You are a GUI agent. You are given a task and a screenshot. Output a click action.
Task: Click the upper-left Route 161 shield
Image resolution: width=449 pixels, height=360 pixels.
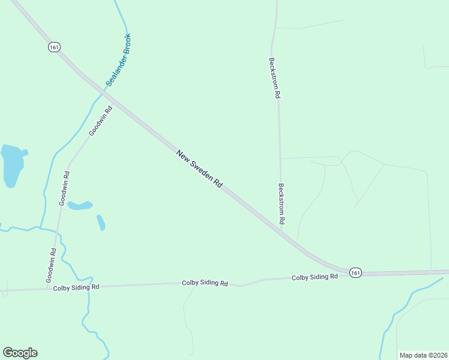click(x=55, y=47)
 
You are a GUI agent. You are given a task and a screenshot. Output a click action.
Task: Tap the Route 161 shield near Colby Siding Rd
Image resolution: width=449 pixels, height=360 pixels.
click(x=355, y=272)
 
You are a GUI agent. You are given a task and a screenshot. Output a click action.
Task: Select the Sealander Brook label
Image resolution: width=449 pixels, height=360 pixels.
click(x=118, y=60)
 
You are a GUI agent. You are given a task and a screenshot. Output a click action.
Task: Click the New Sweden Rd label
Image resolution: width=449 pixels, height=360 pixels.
click(x=200, y=170)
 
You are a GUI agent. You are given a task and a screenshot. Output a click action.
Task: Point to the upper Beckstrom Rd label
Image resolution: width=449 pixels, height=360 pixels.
click(x=274, y=78)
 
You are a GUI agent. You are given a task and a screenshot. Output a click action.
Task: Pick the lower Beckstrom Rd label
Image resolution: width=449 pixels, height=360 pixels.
click(x=281, y=204)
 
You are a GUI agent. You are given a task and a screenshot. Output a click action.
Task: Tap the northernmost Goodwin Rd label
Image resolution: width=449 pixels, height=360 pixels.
click(x=100, y=121)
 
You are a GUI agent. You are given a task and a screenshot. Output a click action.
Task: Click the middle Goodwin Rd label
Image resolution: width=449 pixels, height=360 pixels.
click(x=64, y=189)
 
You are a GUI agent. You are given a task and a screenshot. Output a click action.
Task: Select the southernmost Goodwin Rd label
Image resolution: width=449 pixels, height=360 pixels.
click(x=52, y=266)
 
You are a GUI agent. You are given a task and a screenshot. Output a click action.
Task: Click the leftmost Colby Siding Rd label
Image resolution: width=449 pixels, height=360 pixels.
click(x=76, y=287)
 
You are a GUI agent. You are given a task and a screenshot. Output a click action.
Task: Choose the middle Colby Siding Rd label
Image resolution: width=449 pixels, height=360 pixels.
click(x=205, y=283)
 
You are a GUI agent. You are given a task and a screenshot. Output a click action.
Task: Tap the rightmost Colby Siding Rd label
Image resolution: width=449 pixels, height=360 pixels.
click(x=315, y=277)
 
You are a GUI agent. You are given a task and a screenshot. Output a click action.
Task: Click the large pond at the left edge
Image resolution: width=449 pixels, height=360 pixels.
click(x=13, y=165)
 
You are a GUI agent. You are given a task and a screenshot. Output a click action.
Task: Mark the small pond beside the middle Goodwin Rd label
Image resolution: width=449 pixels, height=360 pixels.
click(x=80, y=205)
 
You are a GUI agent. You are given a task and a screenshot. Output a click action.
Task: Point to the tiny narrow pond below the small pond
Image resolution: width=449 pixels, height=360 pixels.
click(x=101, y=223)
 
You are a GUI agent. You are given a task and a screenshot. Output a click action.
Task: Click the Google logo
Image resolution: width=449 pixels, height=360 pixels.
click(x=20, y=353)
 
